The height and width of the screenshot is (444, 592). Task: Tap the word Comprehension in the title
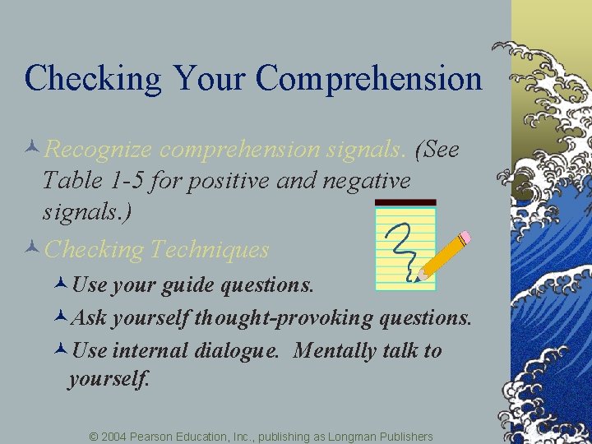point(368,79)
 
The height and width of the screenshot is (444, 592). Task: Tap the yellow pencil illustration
point(444,256)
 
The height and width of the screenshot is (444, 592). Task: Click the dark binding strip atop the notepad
point(405,202)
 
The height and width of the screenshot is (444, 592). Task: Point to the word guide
point(192,285)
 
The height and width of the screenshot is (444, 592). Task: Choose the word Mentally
point(335,351)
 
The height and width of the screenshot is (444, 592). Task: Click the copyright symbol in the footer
point(94,436)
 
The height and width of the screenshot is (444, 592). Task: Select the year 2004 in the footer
point(113,436)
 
